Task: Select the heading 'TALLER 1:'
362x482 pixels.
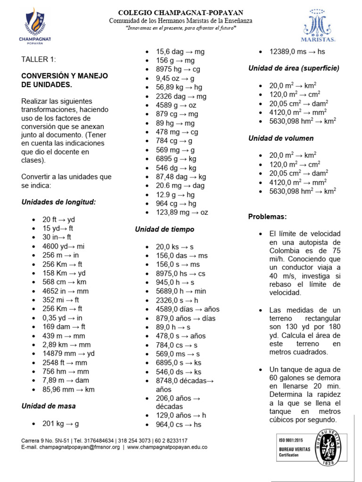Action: point(39,59)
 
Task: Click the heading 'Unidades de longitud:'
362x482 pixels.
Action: point(58,202)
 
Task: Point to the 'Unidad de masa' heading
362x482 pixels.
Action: point(49,406)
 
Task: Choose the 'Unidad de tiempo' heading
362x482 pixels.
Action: point(165,229)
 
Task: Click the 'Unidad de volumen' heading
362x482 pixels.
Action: point(281,138)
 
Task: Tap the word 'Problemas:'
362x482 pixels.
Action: point(267,217)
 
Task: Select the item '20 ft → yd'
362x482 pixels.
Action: point(58,219)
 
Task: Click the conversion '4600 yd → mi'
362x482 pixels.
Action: point(64,246)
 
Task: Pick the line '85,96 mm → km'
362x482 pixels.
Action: point(68,389)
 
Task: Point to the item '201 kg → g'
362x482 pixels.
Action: point(61,424)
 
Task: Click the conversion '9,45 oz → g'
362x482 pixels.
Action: point(175,78)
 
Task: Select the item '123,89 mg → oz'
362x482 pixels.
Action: point(182,212)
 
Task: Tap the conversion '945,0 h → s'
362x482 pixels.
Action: point(175,282)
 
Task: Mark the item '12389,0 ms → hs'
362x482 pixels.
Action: point(297,52)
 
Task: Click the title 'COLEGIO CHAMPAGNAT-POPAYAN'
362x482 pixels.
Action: point(181,13)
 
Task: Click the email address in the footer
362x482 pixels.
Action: point(71,447)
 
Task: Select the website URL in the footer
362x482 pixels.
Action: point(167,447)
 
